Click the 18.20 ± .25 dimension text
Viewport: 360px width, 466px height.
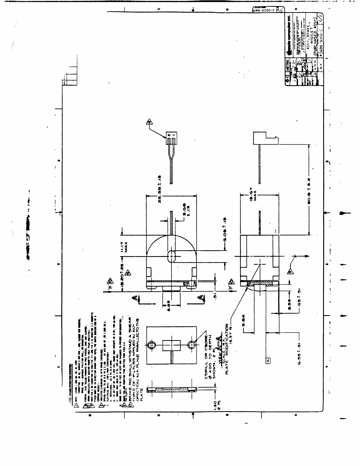tap(121, 274)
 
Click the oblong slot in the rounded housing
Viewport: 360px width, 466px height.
tap(171, 256)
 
